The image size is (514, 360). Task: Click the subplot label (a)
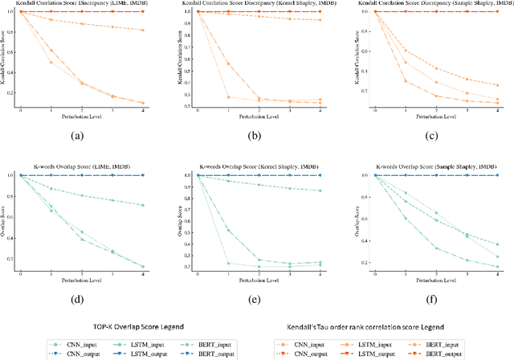tap(77, 135)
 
